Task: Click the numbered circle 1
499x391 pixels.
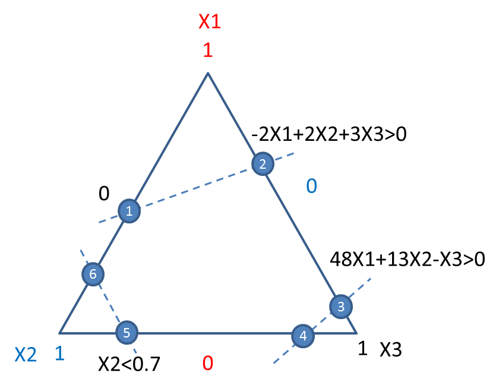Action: (x=130, y=211)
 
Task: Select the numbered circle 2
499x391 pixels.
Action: (x=263, y=163)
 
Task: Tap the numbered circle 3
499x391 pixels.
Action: (x=341, y=306)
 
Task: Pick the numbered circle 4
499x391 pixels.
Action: (x=303, y=336)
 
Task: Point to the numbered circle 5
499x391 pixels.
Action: (x=127, y=332)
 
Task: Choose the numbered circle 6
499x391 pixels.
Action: (x=93, y=274)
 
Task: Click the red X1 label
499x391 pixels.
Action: (x=210, y=21)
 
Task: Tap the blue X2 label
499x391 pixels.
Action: (x=26, y=355)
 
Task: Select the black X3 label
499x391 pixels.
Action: (x=391, y=349)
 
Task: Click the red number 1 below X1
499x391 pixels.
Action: (x=208, y=50)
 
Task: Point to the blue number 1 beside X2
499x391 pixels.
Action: (x=60, y=354)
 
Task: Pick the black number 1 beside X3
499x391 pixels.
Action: (x=363, y=348)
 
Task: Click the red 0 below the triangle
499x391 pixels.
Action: (x=208, y=363)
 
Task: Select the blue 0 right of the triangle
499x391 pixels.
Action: (x=311, y=186)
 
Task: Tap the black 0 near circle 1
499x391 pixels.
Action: (x=104, y=193)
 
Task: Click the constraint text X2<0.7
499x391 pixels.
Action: (x=130, y=364)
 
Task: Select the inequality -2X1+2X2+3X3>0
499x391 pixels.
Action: (x=329, y=134)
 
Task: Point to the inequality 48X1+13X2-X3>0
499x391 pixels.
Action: (x=408, y=259)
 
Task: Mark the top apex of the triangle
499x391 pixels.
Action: (x=208, y=73)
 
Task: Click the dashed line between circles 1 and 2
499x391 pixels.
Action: (x=196, y=187)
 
